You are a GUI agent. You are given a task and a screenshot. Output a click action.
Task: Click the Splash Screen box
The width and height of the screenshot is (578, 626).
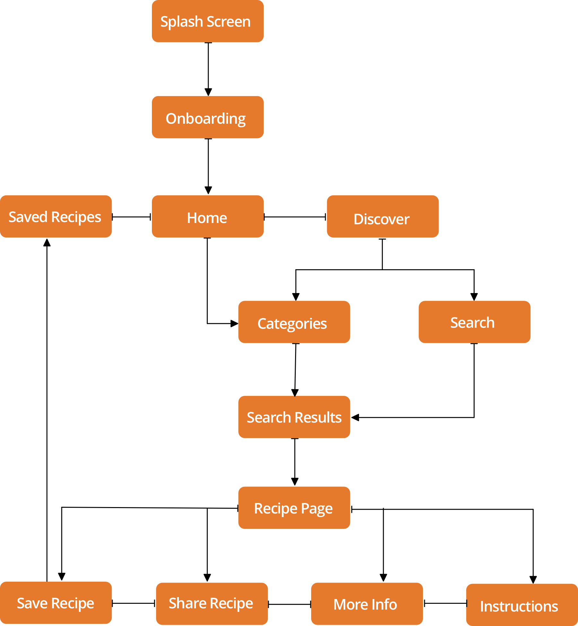(x=207, y=21)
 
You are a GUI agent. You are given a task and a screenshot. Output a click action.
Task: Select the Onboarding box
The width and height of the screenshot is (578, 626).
(x=207, y=117)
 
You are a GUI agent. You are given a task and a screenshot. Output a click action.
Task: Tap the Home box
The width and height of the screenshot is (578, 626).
(x=207, y=216)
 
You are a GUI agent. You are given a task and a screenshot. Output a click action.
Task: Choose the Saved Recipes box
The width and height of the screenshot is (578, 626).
(x=56, y=216)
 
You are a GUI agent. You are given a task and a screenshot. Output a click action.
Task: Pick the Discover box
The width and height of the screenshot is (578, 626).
(x=382, y=216)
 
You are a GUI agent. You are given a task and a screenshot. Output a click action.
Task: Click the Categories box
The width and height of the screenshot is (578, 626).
(x=294, y=322)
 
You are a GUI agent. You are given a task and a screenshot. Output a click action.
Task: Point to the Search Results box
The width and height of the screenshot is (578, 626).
(x=294, y=417)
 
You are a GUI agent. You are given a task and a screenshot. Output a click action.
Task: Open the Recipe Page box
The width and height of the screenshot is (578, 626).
(x=294, y=508)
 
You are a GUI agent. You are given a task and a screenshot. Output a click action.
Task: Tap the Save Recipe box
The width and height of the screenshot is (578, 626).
(x=56, y=603)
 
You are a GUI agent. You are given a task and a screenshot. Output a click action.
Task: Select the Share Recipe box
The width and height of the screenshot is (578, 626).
(x=212, y=604)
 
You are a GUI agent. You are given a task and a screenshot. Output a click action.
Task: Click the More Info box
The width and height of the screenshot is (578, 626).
(x=367, y=604)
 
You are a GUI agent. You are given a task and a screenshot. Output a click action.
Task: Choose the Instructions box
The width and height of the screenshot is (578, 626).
(x=522, y=605)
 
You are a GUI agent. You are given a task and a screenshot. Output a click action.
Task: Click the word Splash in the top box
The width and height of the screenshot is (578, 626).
(x=181, y=22)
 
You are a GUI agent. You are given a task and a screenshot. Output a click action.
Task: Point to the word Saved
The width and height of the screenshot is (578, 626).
(x=28, y=217)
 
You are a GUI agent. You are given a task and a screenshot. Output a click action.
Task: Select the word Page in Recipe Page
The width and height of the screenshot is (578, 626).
(x=317, y=509)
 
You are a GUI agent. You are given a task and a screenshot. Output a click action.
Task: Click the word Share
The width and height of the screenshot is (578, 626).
(x=188, y=603)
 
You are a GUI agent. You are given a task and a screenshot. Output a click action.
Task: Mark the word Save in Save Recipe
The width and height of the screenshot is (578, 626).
(x=32, y=603)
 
